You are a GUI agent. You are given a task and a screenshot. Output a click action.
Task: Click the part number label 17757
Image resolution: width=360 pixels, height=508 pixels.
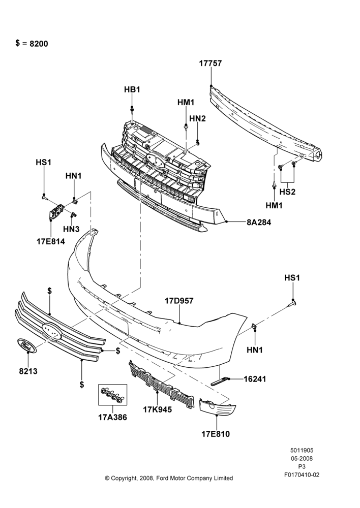(211, 63)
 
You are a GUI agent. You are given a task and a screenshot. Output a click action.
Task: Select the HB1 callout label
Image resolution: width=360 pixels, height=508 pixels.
(132, 89)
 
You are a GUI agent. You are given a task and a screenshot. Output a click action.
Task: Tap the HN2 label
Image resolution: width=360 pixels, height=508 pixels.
(197, 118)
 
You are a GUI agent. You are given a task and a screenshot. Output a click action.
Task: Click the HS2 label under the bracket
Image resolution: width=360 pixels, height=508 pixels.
(287, 192)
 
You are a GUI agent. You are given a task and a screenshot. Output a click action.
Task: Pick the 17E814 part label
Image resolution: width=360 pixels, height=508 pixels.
(51, 241)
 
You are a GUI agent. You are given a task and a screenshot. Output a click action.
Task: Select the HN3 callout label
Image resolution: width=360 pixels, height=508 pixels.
(71, 229)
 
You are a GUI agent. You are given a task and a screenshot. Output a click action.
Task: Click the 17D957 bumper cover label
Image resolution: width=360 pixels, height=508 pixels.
(179, 301)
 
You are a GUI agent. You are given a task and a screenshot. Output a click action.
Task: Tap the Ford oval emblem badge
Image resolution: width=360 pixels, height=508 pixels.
(26, 345)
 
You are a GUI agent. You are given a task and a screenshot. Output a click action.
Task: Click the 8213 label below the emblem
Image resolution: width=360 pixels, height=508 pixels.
(28, 371)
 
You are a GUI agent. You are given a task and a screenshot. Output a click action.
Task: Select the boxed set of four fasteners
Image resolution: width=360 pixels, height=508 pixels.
(113, 395)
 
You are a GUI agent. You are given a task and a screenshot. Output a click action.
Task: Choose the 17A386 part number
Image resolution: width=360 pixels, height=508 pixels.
(112, 418)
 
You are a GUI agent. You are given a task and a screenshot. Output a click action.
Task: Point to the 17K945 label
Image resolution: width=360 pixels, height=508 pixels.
(157, 410)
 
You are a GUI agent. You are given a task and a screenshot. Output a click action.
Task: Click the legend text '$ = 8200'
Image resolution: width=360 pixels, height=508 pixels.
(32, 43)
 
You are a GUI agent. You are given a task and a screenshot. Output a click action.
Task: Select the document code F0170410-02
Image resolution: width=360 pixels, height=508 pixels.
(302, 475)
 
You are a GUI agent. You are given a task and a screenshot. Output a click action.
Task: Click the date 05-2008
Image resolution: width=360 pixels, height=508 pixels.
(302, 458)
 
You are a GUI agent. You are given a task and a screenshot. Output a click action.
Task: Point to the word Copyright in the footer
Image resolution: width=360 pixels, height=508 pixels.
(124, 478)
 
